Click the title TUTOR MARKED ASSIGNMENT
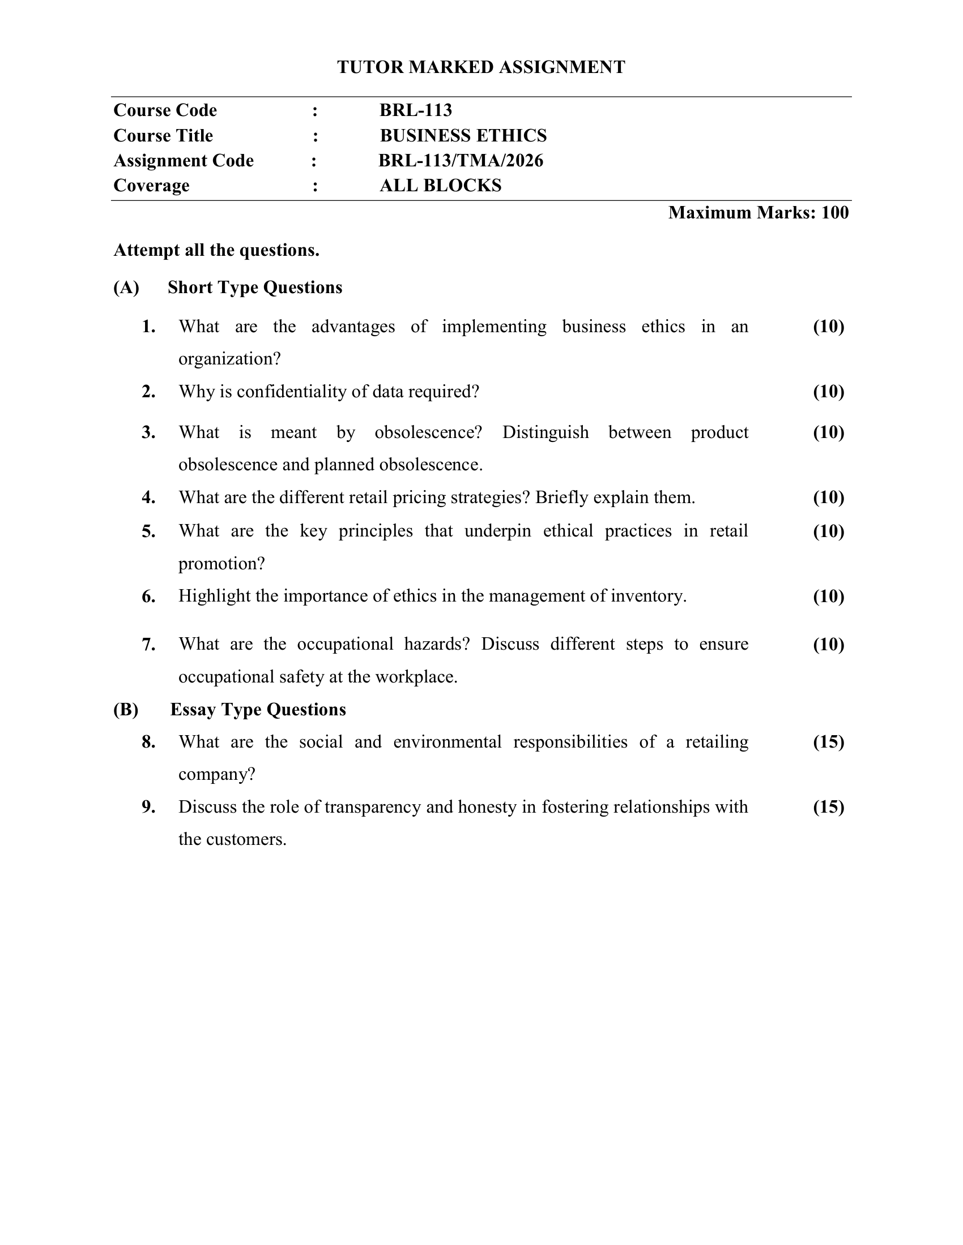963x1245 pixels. coord(481,67)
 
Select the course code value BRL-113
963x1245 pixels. coord(415,110)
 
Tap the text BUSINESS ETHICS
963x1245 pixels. coord(463,136)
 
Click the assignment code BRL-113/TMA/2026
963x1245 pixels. coord(461,161)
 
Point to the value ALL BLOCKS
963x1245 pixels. coord(440,186)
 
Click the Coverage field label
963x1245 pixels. coord(151,186)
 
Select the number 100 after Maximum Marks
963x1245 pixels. coord(834,213)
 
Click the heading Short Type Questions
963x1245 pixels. coord(255,287)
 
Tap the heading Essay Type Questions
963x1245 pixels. coord(258,710)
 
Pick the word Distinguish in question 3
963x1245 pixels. coord(546,432)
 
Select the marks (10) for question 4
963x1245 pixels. coord(828,497)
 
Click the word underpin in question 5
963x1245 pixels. coord(497,531)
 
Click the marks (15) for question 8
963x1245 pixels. coord(828,742)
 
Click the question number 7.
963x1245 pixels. coord(148,645)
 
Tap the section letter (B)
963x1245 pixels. coord(126,710)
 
